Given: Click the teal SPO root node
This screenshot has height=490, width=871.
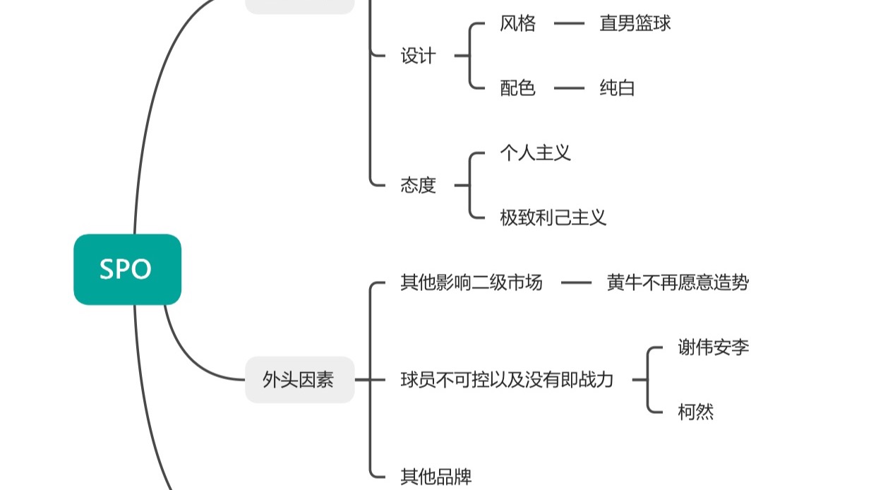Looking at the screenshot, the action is [x=128, y=270].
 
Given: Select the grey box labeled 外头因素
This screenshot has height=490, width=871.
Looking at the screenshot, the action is [x=300, y=380].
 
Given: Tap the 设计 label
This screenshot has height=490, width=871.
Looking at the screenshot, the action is [x=419, y=56].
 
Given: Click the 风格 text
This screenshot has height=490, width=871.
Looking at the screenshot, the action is [x=517, y=23].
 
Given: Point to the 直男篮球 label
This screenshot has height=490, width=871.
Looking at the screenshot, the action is [x=635, y=23].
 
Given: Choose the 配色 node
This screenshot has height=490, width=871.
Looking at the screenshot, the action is [x=517, y=88].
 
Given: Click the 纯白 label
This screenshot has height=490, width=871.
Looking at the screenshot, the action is [x=617, y=88].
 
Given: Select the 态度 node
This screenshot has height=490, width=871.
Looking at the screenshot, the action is [x=419, y=185].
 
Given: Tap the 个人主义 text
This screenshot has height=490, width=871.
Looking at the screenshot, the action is [x=536, y=153].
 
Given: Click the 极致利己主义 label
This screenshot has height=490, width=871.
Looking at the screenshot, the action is [x=553, y=217].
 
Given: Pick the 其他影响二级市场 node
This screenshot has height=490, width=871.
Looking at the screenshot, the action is [x=471, y=282].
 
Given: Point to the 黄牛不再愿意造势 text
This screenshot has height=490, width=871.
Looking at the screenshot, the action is [x=678, y=282].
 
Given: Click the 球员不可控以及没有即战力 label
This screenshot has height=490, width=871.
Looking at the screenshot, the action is [x=507, y=380].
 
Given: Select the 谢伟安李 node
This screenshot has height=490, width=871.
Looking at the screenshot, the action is [x=714, y=347].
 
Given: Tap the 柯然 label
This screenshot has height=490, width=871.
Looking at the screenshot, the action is [x=696, y=412].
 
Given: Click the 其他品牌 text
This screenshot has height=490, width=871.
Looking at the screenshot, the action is [x=436, y=477].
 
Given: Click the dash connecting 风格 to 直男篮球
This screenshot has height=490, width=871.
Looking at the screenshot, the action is [x=569, y=23].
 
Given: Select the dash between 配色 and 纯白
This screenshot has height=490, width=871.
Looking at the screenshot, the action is [x=569, y=88].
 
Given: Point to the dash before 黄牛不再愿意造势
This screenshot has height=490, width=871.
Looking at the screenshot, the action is [x=576, y=282].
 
